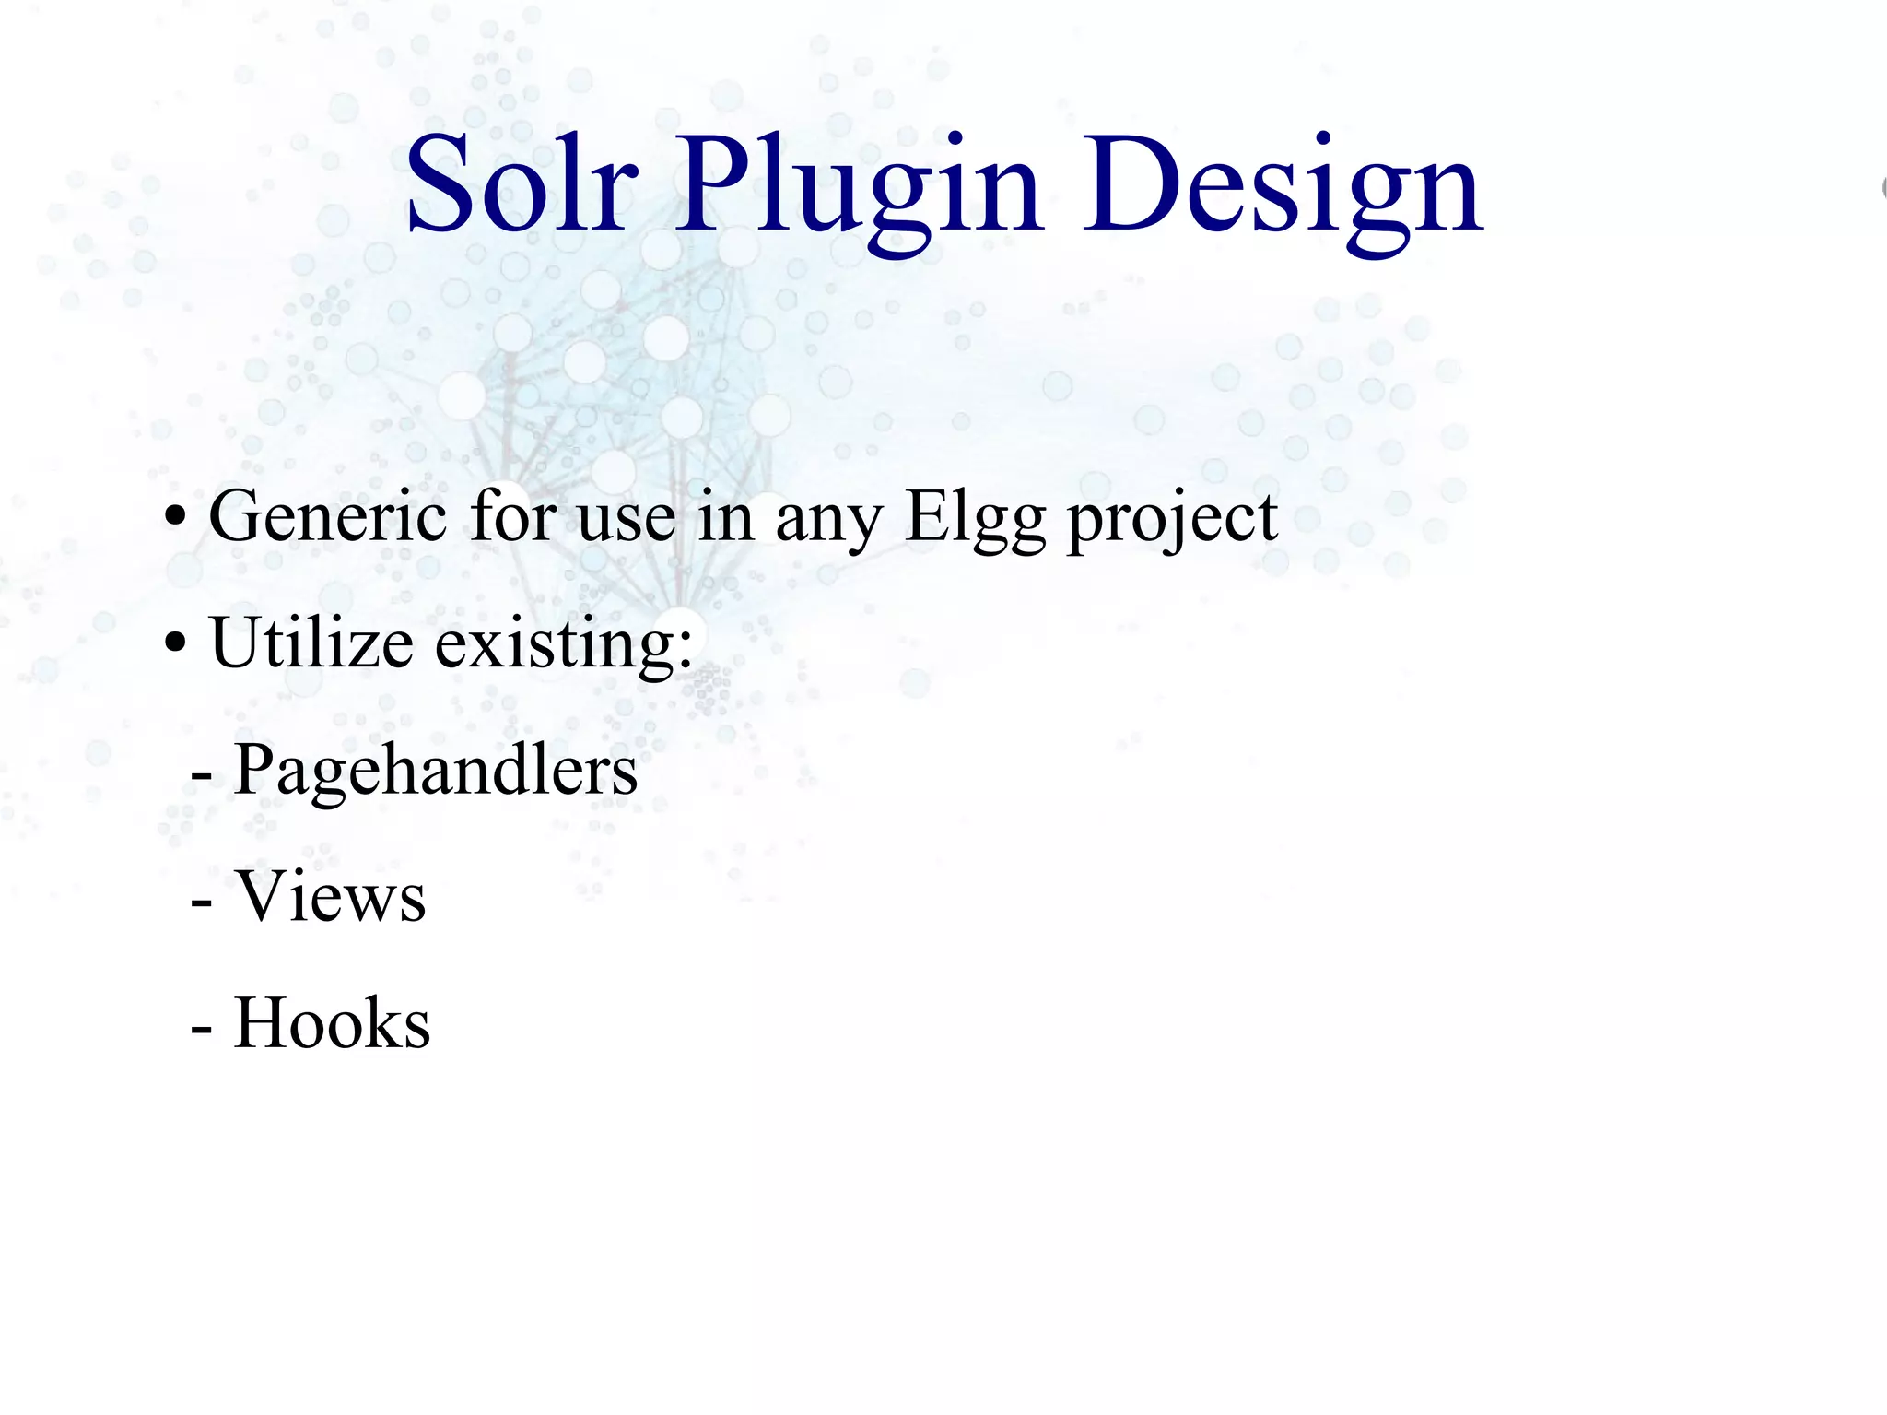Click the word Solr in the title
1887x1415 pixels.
tap(522, 184)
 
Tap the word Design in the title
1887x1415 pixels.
tap(1282, 189)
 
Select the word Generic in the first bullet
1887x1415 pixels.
tap(328, 516)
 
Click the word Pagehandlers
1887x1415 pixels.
tap(436, 771)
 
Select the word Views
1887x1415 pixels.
tap(331, 896)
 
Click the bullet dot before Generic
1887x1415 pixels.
tap(175, 519)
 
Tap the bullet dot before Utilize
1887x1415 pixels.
tap(175, 645)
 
